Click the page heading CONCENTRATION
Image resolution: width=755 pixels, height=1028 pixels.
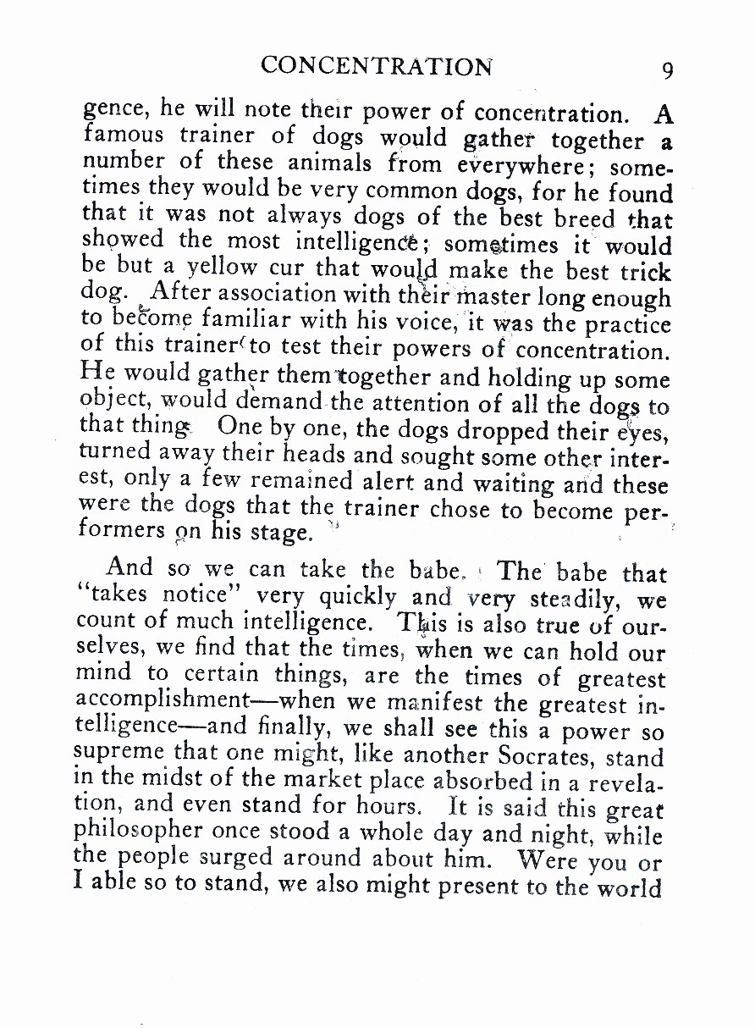[376, 66]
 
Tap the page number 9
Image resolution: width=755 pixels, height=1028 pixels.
[668, 69]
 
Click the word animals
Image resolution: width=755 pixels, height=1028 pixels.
[328, 160]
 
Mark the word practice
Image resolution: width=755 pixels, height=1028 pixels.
[629, 324]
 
